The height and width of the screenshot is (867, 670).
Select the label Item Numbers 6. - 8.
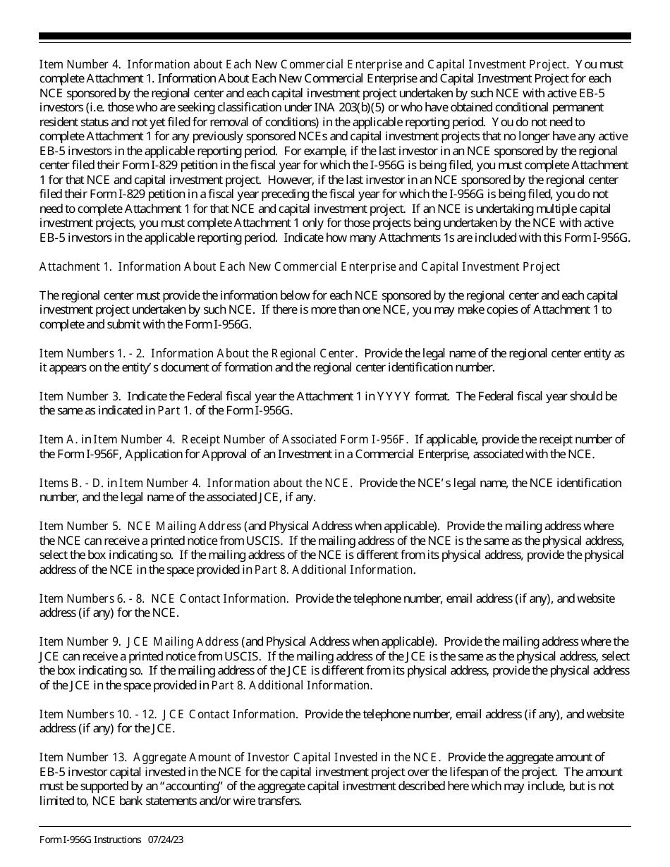pyautogui.click(x=92, y=598)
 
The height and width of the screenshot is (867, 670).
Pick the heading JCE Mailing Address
pyautogui.click(x=183, y=641)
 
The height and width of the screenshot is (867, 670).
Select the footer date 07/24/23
pyautogui.click(x=166, y=840)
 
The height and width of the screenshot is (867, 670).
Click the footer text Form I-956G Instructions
pyautogui.click(x=90, y=840)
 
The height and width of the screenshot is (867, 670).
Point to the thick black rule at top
pyautogui.click(x=335, y=36)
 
